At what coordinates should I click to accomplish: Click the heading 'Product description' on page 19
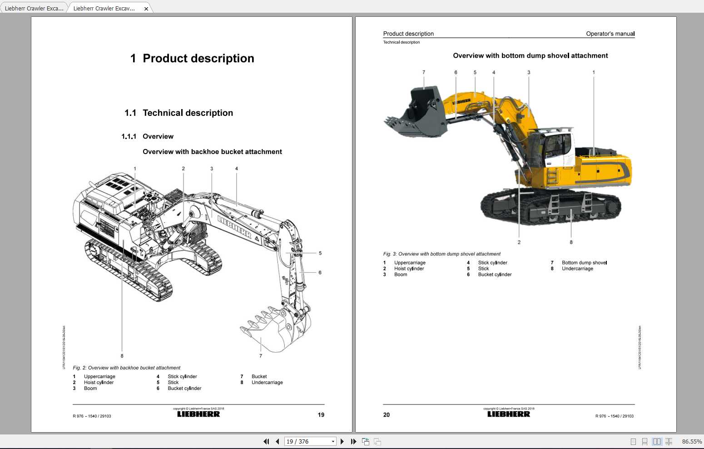[198, 59]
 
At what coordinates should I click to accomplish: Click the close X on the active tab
[146, 9]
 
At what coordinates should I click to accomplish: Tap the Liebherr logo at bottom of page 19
[198, 414]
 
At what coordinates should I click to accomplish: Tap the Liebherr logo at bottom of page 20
[509, 414]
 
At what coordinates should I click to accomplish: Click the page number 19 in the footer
[321, 415]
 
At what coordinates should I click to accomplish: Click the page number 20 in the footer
[387, 415]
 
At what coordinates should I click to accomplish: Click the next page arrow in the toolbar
[342, 441]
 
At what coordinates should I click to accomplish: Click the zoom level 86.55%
[691, 441]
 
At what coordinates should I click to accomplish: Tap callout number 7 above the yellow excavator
[424, 72]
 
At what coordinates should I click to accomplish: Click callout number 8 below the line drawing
[122, 356]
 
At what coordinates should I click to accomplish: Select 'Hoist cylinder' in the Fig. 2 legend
[99, 383]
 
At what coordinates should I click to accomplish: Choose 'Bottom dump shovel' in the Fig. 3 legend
[584, 263]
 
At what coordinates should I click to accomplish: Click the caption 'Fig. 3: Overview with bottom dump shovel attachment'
[441, 254]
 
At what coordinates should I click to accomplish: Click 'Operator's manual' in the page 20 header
[610, 34]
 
